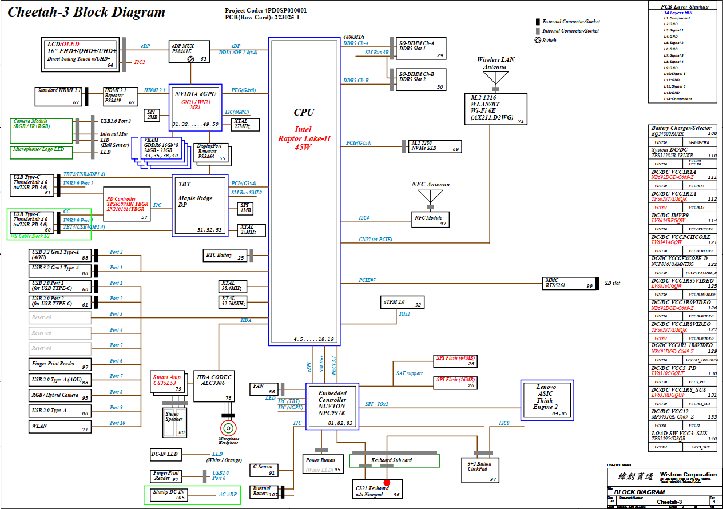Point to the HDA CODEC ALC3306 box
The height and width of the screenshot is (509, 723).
(x=214, y=385)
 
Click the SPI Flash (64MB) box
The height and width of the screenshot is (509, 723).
(x=456, y=361)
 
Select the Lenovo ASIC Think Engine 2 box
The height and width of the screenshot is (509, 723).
(x=546, y=398)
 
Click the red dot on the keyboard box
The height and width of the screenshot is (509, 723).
(x=387, y=483)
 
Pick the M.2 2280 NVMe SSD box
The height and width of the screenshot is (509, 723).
(x=435, y=146)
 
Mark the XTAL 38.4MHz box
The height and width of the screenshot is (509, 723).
(x=234, y=287)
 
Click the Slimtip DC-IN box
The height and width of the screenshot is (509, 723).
(x=169, y=495)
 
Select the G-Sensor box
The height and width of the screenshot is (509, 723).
(x=264, y=470)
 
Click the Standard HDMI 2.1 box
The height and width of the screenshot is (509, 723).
(x=59, y=96)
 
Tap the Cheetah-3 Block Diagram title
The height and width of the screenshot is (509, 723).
(x=86, y=12)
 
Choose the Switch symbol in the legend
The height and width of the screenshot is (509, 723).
(x=538, y=40)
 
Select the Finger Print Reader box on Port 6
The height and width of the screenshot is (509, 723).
(x=60, y=364)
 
